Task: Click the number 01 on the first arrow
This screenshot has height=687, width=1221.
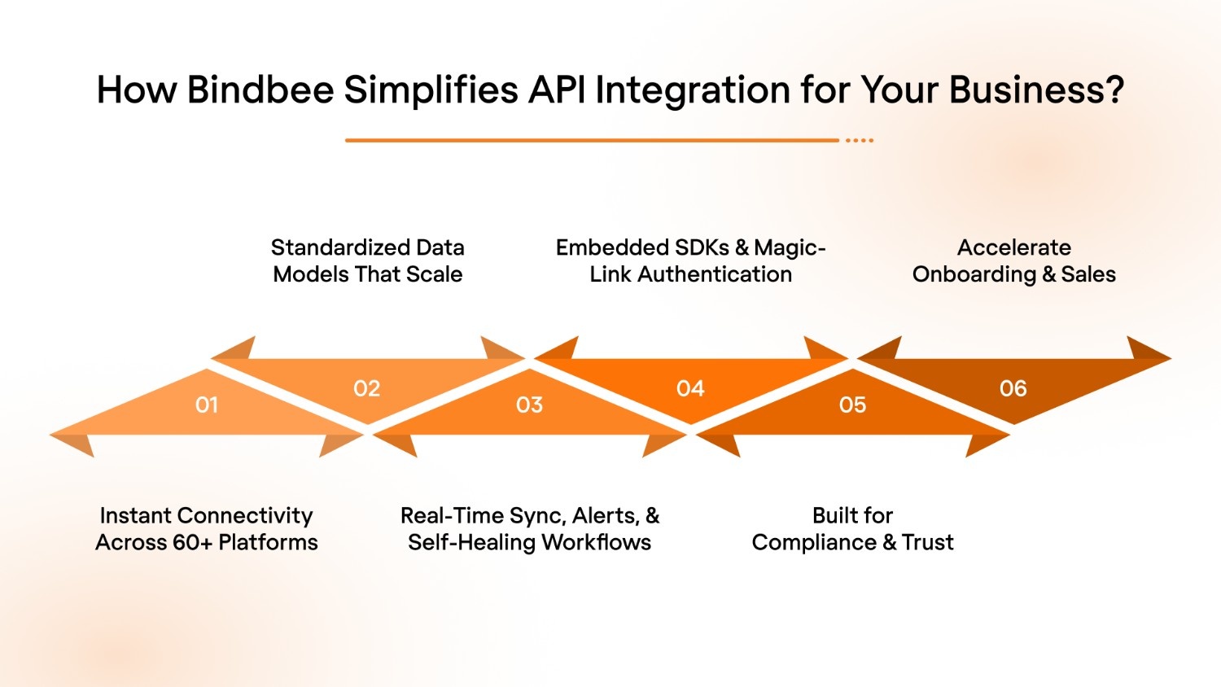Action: tap(207, 405)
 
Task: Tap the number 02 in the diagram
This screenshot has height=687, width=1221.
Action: tap(367, 388)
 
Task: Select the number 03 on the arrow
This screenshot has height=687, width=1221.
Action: tap(529, 405)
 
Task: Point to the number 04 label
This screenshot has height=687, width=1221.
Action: tap(690, 388)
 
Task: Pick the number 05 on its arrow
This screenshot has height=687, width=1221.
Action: tap(852, 405)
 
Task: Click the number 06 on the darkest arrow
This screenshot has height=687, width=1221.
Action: tap(1013, 388)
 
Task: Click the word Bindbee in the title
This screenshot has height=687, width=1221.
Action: tap(260, 90)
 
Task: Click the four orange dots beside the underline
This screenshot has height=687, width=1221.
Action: tap(860, 140)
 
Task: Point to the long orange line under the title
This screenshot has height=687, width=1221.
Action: tap(592, 140)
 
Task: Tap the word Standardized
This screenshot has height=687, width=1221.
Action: tap(340, 247)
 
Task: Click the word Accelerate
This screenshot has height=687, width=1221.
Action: tap(1014, 247)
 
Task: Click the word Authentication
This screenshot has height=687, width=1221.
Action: tap(715, 274)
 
